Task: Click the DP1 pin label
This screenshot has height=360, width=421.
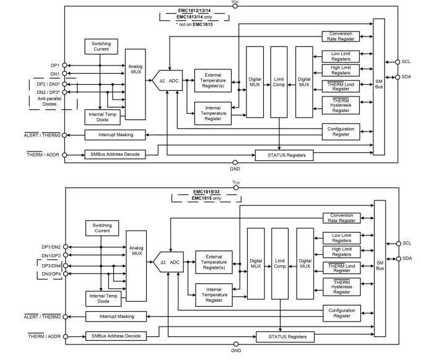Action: click(55, 66)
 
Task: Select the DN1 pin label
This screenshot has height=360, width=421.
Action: click(55, 74)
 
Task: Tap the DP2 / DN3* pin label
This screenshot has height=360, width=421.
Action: click(48, 84)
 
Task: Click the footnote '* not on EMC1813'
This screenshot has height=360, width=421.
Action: click(194, 23)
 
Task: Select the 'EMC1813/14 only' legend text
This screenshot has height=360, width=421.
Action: click(194, 17)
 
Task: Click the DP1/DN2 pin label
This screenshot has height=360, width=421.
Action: click(50, 247)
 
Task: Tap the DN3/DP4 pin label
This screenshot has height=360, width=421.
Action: click(50, 273)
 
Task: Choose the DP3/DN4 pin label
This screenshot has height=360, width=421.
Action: click(50, 265)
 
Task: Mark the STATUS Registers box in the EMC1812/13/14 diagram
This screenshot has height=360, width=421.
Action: click(284, 155)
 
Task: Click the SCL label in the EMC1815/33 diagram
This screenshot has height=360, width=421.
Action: click(407, 243)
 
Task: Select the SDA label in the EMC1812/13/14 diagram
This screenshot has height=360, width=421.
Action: click(406, 77)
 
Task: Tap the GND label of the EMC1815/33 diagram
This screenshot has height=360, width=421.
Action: click(235, 350)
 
